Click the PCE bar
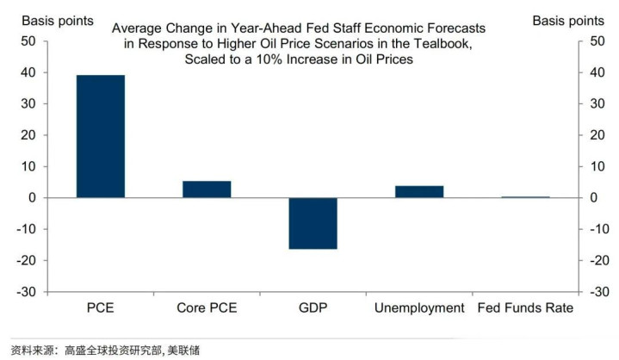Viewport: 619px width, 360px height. click(101, 136)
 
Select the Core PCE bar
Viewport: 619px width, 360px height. click(207, 189)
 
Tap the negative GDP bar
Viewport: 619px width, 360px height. click(313, 223)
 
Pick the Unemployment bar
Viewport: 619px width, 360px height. click(419, 191)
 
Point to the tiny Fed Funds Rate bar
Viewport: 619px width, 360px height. click(525, 197)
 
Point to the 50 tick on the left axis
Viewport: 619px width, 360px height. click(28, 41)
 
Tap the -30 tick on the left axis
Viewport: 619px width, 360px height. click(26, 292)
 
